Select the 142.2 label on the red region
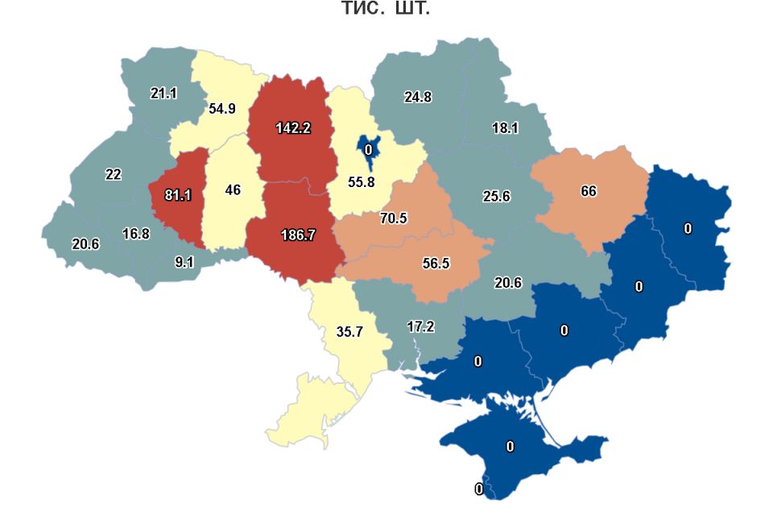coord(293,127)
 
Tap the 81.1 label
coord(176,194)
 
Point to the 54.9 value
coord(221,108)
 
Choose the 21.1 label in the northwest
coord(163,93)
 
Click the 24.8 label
coord(418,97)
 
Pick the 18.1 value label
coord(505,127)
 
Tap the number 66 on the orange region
coord(589,191)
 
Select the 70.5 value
coord(394,218)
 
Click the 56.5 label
coord(436,263)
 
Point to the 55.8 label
coord(361,182)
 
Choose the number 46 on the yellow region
coord(233,190)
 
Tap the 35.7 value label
coord(351,331)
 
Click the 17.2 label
coord(420,327)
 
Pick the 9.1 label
coord(184,261)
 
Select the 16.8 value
coord(136,234)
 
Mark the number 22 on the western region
coord(113,174)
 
